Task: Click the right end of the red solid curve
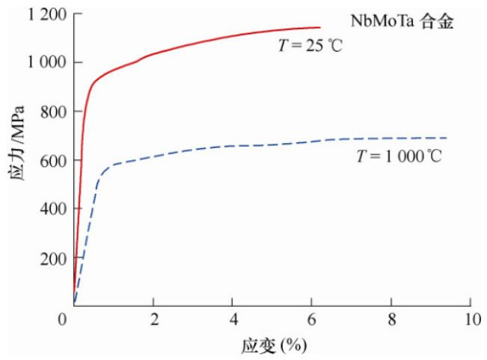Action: tap(319, 28)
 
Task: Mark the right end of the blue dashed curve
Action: tap(447, 138)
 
